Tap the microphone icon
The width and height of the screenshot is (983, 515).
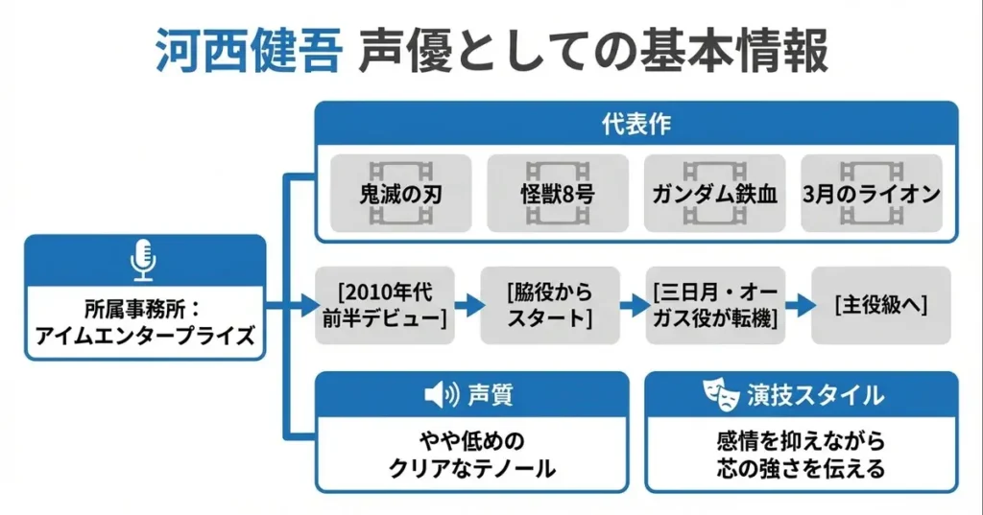[144, 260]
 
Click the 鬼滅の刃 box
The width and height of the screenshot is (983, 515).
[401, 194]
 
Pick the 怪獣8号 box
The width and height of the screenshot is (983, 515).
[558, 194]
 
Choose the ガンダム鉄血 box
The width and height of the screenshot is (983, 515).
[714, 194]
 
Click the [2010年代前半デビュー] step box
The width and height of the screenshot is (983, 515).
[383, 305]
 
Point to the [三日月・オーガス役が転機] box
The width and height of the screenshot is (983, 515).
[714, 305]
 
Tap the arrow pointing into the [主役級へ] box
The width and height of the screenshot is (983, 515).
[798, 306]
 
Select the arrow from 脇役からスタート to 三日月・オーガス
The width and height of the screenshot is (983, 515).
[633, 306]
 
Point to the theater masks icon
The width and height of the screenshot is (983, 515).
[718, 393]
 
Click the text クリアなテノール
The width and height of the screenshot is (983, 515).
[472, 469]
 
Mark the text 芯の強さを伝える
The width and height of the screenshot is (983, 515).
[801, 469]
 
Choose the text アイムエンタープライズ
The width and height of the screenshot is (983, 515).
[144, 336]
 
